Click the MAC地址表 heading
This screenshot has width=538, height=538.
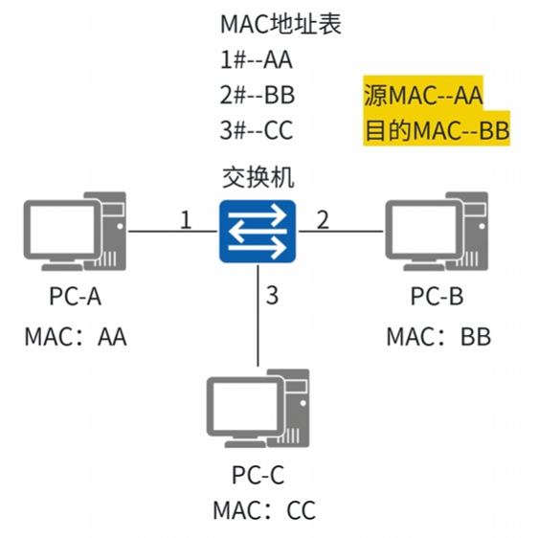(x=280, y=24)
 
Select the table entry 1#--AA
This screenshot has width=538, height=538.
(x=257, y=59)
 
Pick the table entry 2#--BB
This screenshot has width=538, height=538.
(x=257, y=95)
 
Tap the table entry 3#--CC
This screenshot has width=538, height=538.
(x=257, y=130)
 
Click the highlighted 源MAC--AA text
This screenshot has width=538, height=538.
(x=423, y=95)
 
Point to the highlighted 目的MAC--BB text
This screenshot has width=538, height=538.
(x=437, y=130)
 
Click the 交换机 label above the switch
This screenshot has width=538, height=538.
(x=258, y=177)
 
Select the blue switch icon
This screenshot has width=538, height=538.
(x=258, y=232)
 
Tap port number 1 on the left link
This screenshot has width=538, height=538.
(x=186, y=219)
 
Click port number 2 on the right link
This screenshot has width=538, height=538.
(x=323, y=219)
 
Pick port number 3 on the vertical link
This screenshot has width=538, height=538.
(x=272, y=295)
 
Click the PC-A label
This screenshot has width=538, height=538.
(x=75, y=296)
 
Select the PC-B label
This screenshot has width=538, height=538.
(x=437, y=296)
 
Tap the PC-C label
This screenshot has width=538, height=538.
(x=258, y=475)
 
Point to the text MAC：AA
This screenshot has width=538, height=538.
(x=76, y=337)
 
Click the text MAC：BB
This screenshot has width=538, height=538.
(x=438, y=337)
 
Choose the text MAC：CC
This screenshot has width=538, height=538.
(x=264, y=510)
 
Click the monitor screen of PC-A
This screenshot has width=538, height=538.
(x=62, y=229)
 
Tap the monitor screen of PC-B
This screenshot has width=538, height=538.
(x=424, y=229)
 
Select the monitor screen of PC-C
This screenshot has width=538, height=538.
(x=245, y=406)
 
